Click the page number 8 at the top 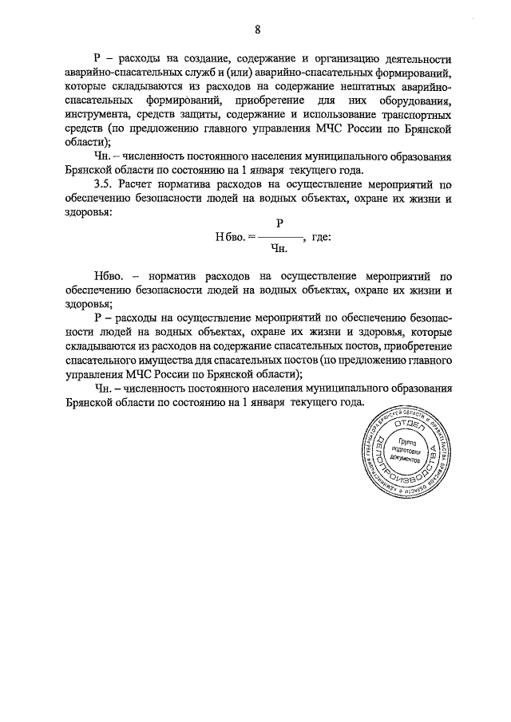(x=257, y=30)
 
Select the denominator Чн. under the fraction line (x=279, y=249)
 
